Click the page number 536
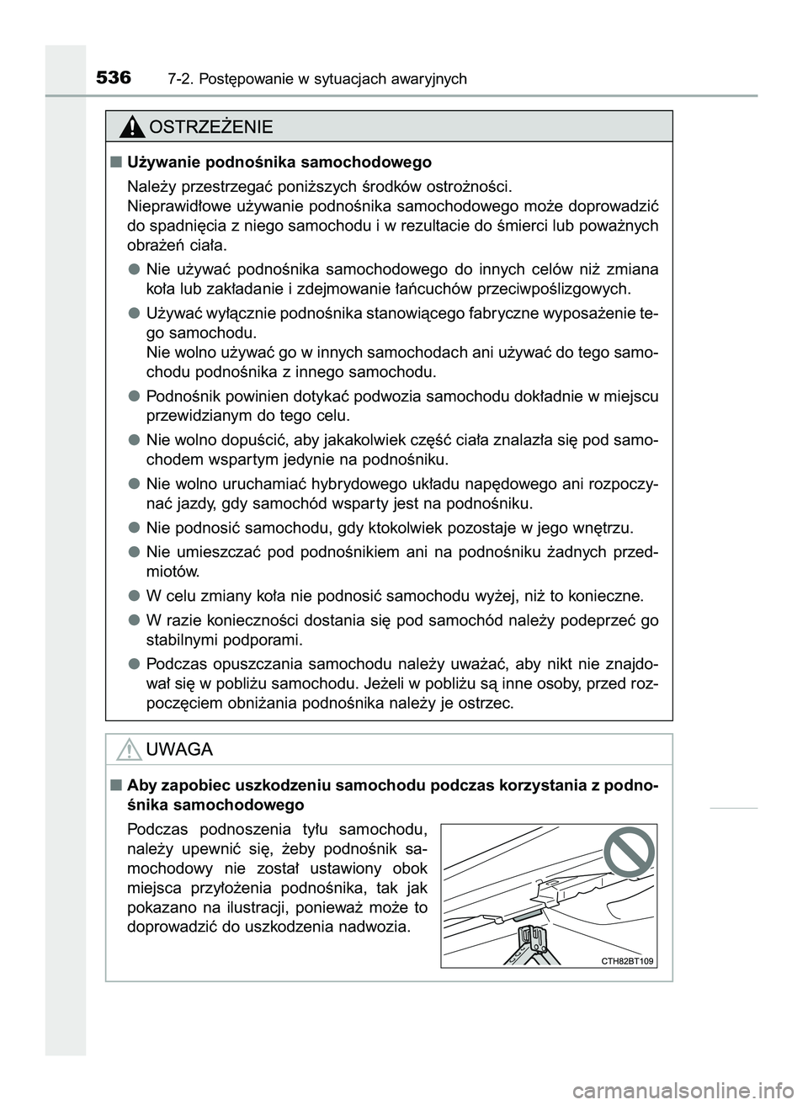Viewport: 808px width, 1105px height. point(114,78)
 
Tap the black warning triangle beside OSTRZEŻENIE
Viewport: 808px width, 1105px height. point(131,127)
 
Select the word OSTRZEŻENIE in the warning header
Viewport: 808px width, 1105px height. point(210,127)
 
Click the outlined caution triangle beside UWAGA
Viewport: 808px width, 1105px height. point(130,748)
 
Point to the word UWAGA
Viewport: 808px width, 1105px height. point(179,749)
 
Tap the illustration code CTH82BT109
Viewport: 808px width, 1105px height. point(628,960)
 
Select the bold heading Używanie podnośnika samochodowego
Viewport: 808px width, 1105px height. point(279,162)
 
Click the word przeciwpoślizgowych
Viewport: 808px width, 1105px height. point(560,290)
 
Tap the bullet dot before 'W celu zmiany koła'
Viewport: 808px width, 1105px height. point(134,596)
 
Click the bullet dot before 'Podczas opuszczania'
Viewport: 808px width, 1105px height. point(134,661)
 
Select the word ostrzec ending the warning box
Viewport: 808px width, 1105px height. point(485,703)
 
